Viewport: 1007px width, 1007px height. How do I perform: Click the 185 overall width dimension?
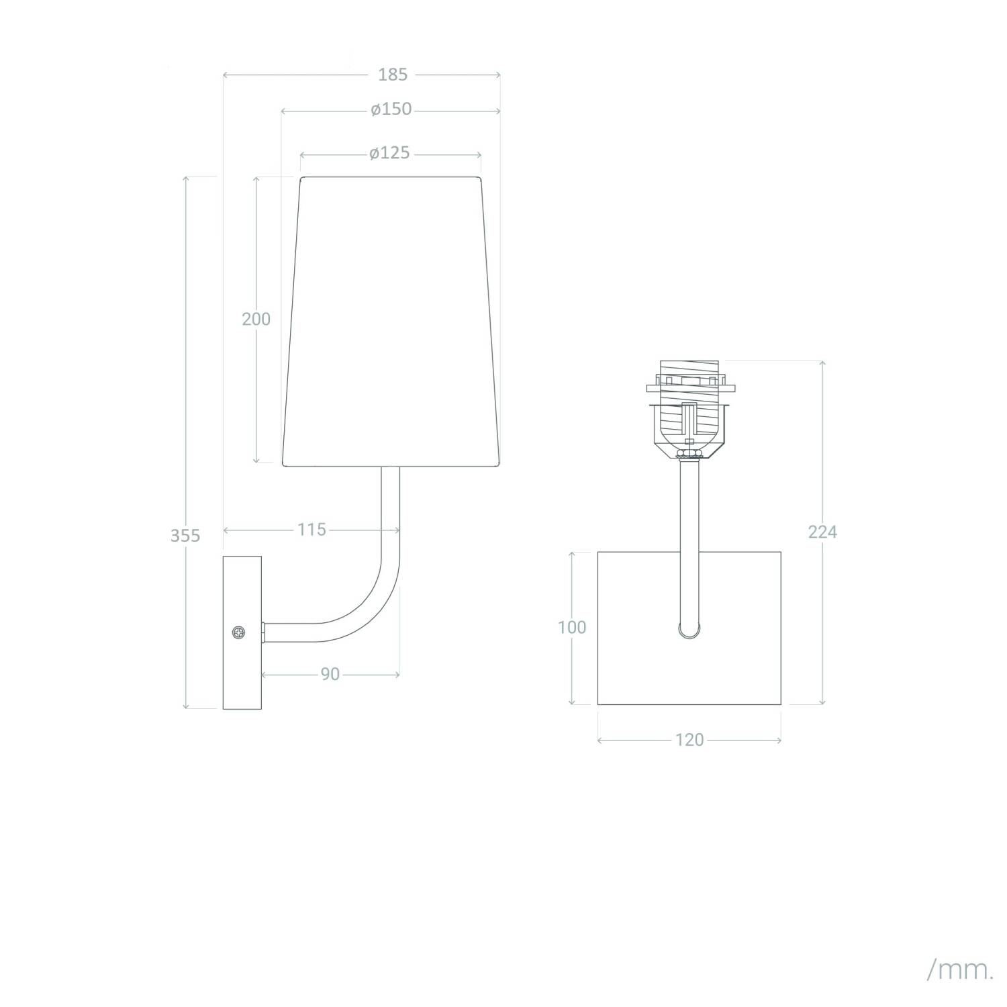pyautogui.click(x=393, y=75)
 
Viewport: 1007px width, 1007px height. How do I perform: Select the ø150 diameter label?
pyautogui.click(x=391, y=109)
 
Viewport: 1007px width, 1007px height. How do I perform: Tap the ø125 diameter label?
pyautogui.click(x=389, y=154)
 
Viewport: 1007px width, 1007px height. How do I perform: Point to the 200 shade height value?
pyautogui.click(x=256, y=319)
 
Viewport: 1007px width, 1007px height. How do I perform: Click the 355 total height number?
pyautogui.click(x=185, y=536)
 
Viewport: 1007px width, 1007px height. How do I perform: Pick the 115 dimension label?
pyautogui.click(x=312, y=530)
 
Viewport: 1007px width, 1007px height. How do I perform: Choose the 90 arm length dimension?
pyautogui.click(x=330, y=674)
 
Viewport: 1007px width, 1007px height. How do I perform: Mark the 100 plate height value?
pyautogui.click(x=572, y=627)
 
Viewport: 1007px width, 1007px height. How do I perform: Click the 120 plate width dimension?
pyautogui.click(x=689, y=740)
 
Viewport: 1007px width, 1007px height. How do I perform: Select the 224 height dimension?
pyautogui.click(x=822, y=532)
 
